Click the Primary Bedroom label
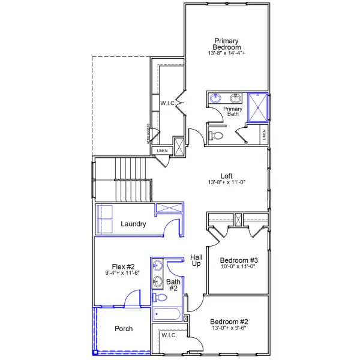click(x=227, y=44)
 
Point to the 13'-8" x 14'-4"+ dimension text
click(x=227, y=53)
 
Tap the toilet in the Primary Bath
click(x=216, y=136)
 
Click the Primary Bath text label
click(x=233, y=112)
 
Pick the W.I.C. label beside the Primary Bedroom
click(x=167, y=103)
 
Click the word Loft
click(x=227, y=176)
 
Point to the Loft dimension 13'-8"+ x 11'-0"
click(x=227, y=182)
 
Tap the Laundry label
click(x=133, y=224)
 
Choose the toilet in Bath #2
click(x=160, y=298)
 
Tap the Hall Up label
click(x=196, y=260)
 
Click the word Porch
click(x=123, y=328)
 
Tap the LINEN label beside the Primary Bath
click(x=265, y=136)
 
